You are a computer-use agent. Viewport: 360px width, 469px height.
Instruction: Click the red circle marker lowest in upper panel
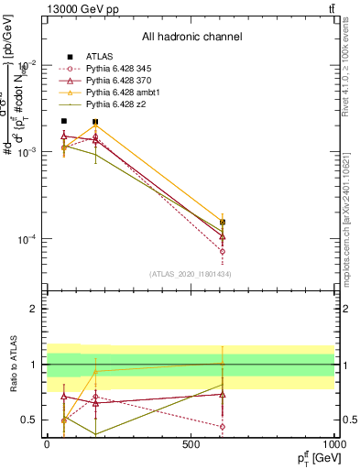[223, 251]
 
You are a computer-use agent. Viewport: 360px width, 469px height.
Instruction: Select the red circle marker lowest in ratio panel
[223, 426]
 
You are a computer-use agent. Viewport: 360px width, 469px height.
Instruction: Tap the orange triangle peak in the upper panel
[95, 125]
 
